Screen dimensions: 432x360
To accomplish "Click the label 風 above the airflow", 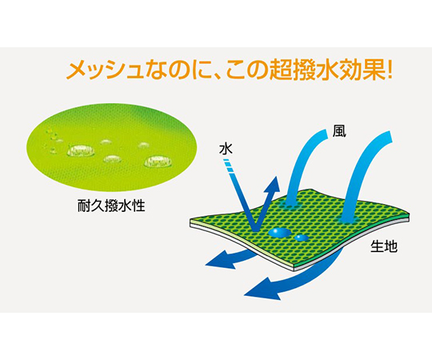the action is [339, 131].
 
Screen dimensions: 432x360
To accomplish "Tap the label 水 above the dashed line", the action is [226, 149].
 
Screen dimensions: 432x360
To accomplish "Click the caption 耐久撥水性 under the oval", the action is [111, 206].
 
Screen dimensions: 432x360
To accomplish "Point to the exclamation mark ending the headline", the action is [389, 70].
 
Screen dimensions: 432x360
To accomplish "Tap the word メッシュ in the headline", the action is [105, 71].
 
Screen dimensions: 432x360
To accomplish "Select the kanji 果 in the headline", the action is [372, 70].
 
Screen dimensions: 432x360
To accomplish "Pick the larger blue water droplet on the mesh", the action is [279, 233].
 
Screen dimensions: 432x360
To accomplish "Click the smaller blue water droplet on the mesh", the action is [302, 238].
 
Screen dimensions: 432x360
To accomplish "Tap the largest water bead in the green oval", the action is [81, 150].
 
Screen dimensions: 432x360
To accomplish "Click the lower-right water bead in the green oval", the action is [158, 162].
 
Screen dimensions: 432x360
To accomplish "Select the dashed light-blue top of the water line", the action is [229, 166].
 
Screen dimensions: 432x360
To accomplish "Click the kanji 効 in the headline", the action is [349, 70].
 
